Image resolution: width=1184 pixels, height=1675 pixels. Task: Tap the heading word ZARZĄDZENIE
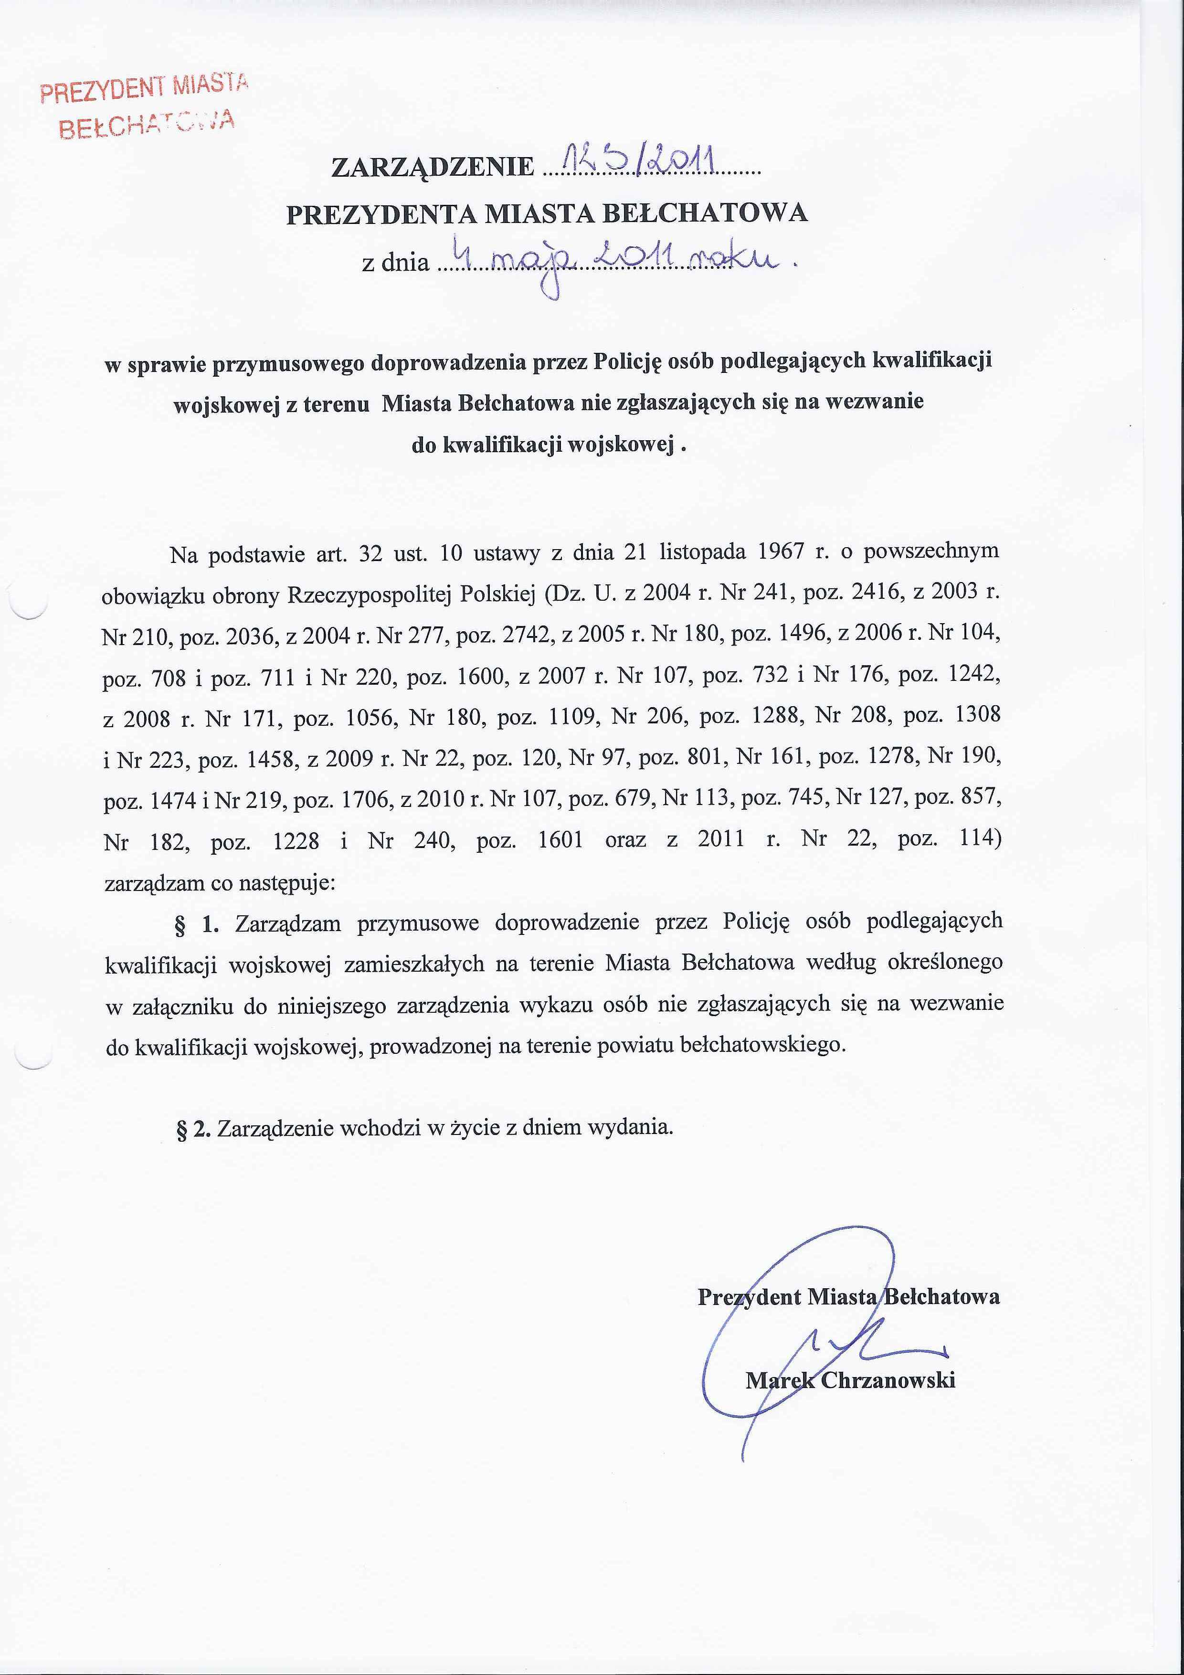point(433,167)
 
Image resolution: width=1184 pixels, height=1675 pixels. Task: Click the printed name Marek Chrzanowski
point(850,1379)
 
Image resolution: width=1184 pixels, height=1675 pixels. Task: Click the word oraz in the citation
point(625,840)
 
